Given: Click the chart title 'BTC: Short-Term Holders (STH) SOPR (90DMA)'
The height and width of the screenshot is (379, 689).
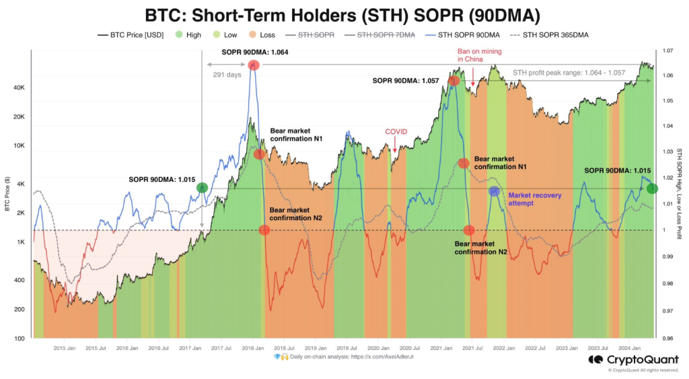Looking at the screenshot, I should (344, 14).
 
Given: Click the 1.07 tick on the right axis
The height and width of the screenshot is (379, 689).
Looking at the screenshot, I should (667, 50).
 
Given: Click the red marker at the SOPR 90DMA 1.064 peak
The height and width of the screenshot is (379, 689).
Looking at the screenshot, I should (254, 65).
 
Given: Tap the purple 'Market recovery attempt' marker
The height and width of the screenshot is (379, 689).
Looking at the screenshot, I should (495, 191).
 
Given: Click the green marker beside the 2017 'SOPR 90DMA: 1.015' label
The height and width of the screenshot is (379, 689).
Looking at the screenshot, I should (202, 188).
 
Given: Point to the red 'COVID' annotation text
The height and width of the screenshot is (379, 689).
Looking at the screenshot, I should (396, 132).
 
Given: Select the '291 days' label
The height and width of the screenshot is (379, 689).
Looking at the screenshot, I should (226, 75).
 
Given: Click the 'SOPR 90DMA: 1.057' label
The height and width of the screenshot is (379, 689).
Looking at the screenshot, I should (406, 80).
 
